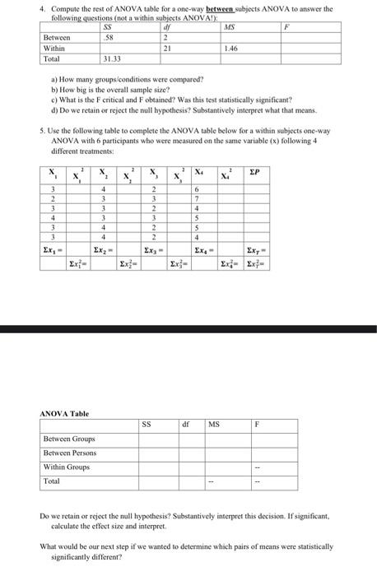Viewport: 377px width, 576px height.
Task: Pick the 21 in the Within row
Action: (167, 49)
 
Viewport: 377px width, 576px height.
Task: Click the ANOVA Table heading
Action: (63, 413)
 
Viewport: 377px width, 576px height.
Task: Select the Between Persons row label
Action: (70, 453)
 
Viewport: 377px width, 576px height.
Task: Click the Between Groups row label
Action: (68, 439)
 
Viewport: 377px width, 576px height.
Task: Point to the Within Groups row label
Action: (67, 467)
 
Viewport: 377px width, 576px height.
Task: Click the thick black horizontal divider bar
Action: (188, 328)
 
